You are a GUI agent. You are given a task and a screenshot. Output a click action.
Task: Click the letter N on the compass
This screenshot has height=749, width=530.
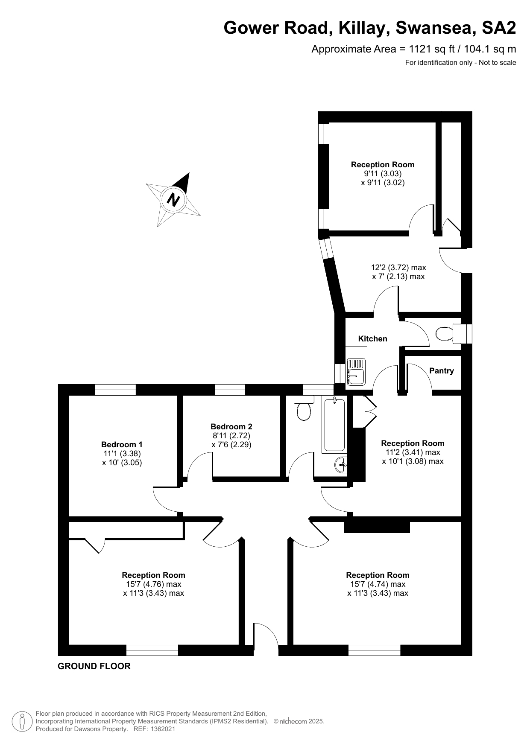173,199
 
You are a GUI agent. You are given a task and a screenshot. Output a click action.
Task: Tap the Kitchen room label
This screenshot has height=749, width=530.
372,339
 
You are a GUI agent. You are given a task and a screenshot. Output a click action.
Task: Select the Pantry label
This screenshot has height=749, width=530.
441,371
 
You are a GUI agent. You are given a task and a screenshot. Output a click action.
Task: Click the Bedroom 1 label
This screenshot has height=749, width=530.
122,445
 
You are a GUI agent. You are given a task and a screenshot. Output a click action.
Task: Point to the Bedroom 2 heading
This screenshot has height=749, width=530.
231,427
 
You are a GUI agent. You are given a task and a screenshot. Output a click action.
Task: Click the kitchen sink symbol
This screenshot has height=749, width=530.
356,370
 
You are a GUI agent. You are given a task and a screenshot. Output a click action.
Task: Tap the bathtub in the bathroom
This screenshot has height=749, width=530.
334,424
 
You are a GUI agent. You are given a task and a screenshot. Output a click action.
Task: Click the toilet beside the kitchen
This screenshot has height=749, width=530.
445,333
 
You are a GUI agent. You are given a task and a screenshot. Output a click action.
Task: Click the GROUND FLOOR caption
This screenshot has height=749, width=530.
94,666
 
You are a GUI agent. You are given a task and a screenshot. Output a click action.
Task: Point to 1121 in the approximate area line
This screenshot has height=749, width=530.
421,49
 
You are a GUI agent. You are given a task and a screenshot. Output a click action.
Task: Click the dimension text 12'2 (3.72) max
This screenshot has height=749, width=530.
398,268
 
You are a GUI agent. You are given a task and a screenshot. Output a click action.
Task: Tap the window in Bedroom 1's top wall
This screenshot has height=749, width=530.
115,390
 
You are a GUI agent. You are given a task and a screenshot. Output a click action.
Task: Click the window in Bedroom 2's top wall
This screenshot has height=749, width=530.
229,390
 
